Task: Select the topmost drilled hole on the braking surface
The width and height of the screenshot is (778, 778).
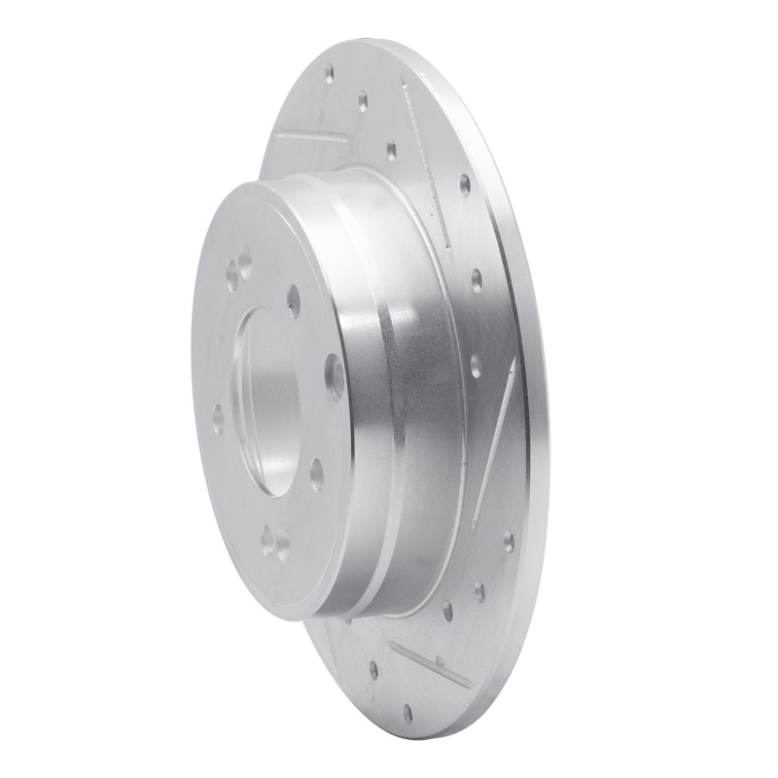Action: [329, 71]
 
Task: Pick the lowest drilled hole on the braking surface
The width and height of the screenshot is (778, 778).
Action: [407, 714]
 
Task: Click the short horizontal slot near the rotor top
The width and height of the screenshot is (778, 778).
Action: [309, 136]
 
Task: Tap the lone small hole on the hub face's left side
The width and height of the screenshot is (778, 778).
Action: [218, 419]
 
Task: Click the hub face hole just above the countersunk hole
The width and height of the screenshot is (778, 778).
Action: [294, 302]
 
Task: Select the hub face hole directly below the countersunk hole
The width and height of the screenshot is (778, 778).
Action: [316, 474]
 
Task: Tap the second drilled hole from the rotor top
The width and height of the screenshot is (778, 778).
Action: [363, 99]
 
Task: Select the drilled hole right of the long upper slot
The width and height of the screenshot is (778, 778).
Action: [465, 184]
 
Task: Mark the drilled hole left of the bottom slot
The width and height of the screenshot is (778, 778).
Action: [373, 669]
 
